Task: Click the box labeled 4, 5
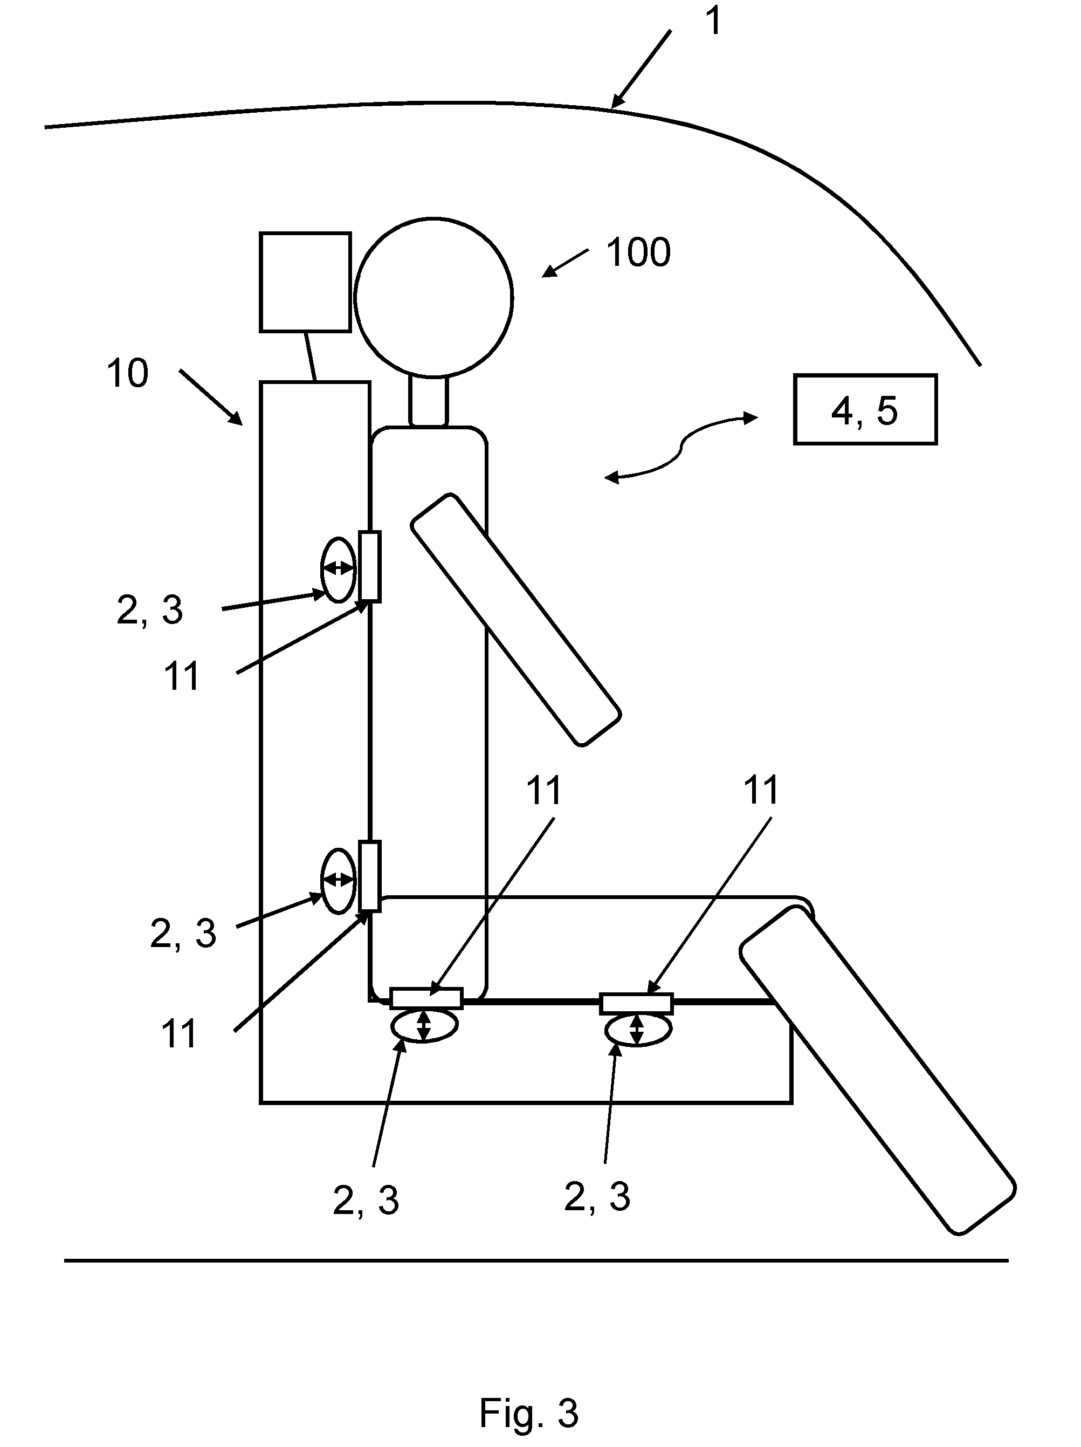[x=865, y=409]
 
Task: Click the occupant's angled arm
[x=515, y=620]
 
